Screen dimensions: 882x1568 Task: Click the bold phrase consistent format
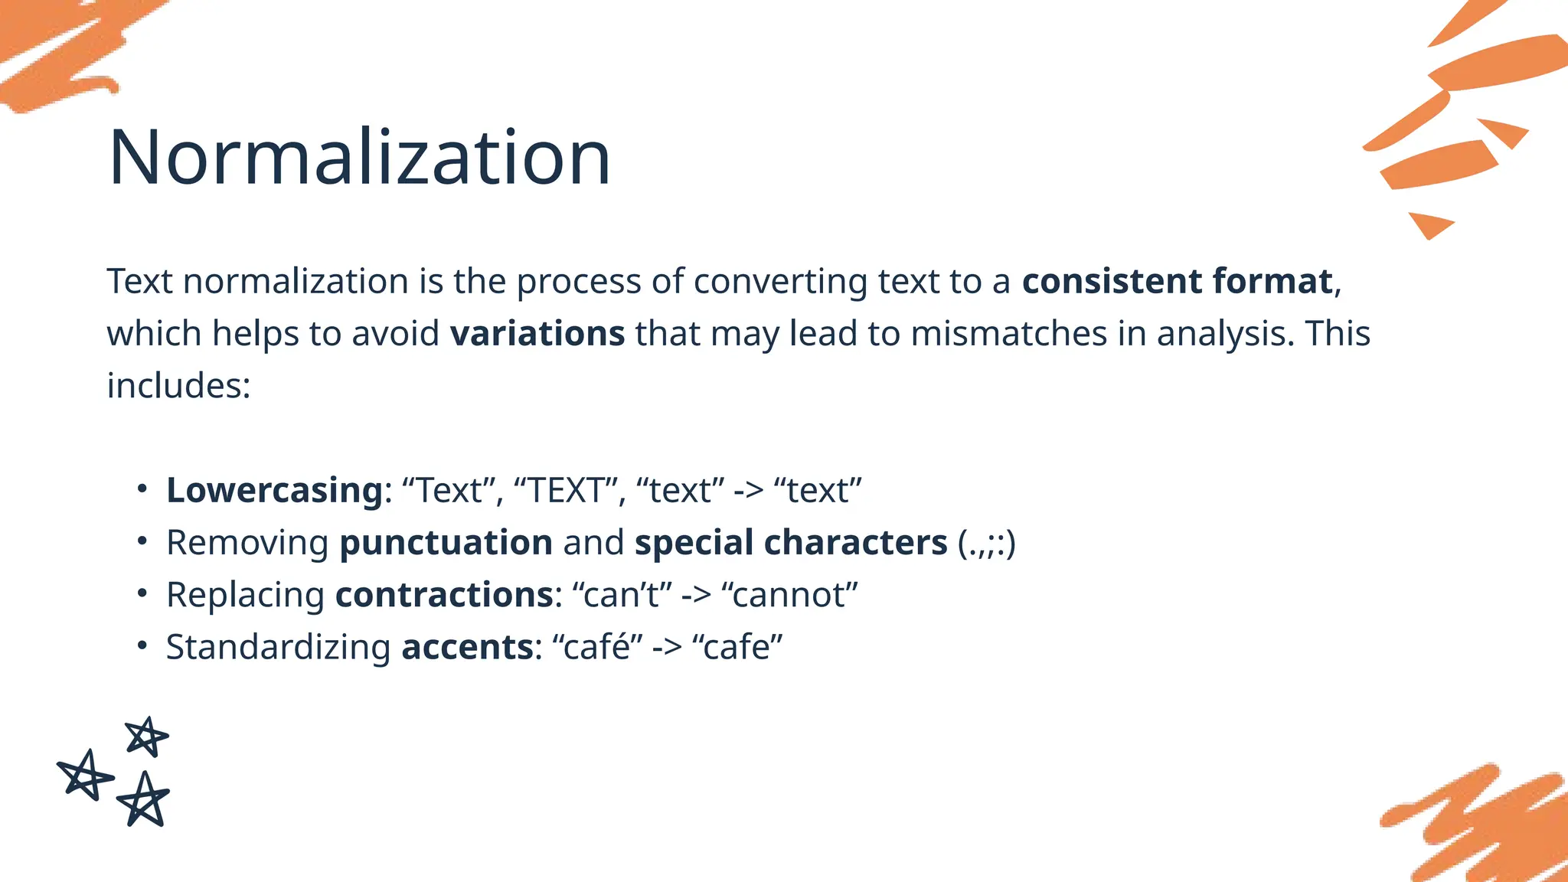[1177, 281]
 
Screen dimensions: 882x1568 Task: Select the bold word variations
[537, 334]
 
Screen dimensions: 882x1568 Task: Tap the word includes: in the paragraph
[178, 386]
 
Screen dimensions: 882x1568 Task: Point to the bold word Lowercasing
[274, 491]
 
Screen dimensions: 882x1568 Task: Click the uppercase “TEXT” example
[565, 491]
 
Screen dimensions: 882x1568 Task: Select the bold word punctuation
[446, 543]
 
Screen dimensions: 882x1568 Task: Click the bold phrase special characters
[790, 543]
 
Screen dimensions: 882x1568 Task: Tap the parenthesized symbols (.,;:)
[986, 543]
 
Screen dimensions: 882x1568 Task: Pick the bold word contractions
[444, 595]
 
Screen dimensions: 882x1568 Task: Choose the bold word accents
[467, 647]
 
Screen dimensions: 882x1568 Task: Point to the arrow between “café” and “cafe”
[666, 648]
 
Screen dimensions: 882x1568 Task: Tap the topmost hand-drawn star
[146, 737]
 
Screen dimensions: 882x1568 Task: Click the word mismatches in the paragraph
[1008, 334]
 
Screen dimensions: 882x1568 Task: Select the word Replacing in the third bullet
[245, 596]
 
